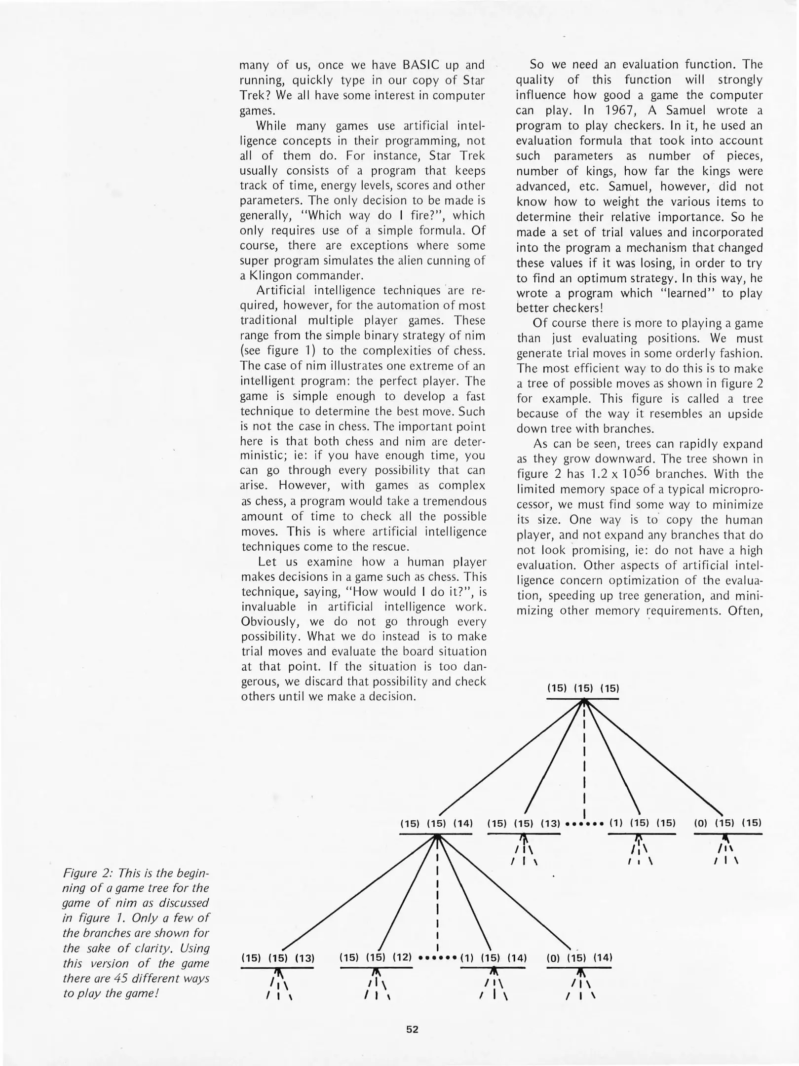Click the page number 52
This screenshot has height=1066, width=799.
click(412, 1029)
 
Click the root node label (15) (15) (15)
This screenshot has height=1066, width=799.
click(583, 688)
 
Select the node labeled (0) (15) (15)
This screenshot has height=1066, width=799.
click(728, 823)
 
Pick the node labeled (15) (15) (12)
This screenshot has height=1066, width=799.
click(376, 957)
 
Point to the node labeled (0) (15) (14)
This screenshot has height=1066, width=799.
click(579, 957)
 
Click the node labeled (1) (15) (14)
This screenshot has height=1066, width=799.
click(493, 958)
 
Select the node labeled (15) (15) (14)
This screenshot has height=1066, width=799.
click(436, 823)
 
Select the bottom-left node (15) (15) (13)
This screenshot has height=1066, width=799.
click(277, 958)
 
